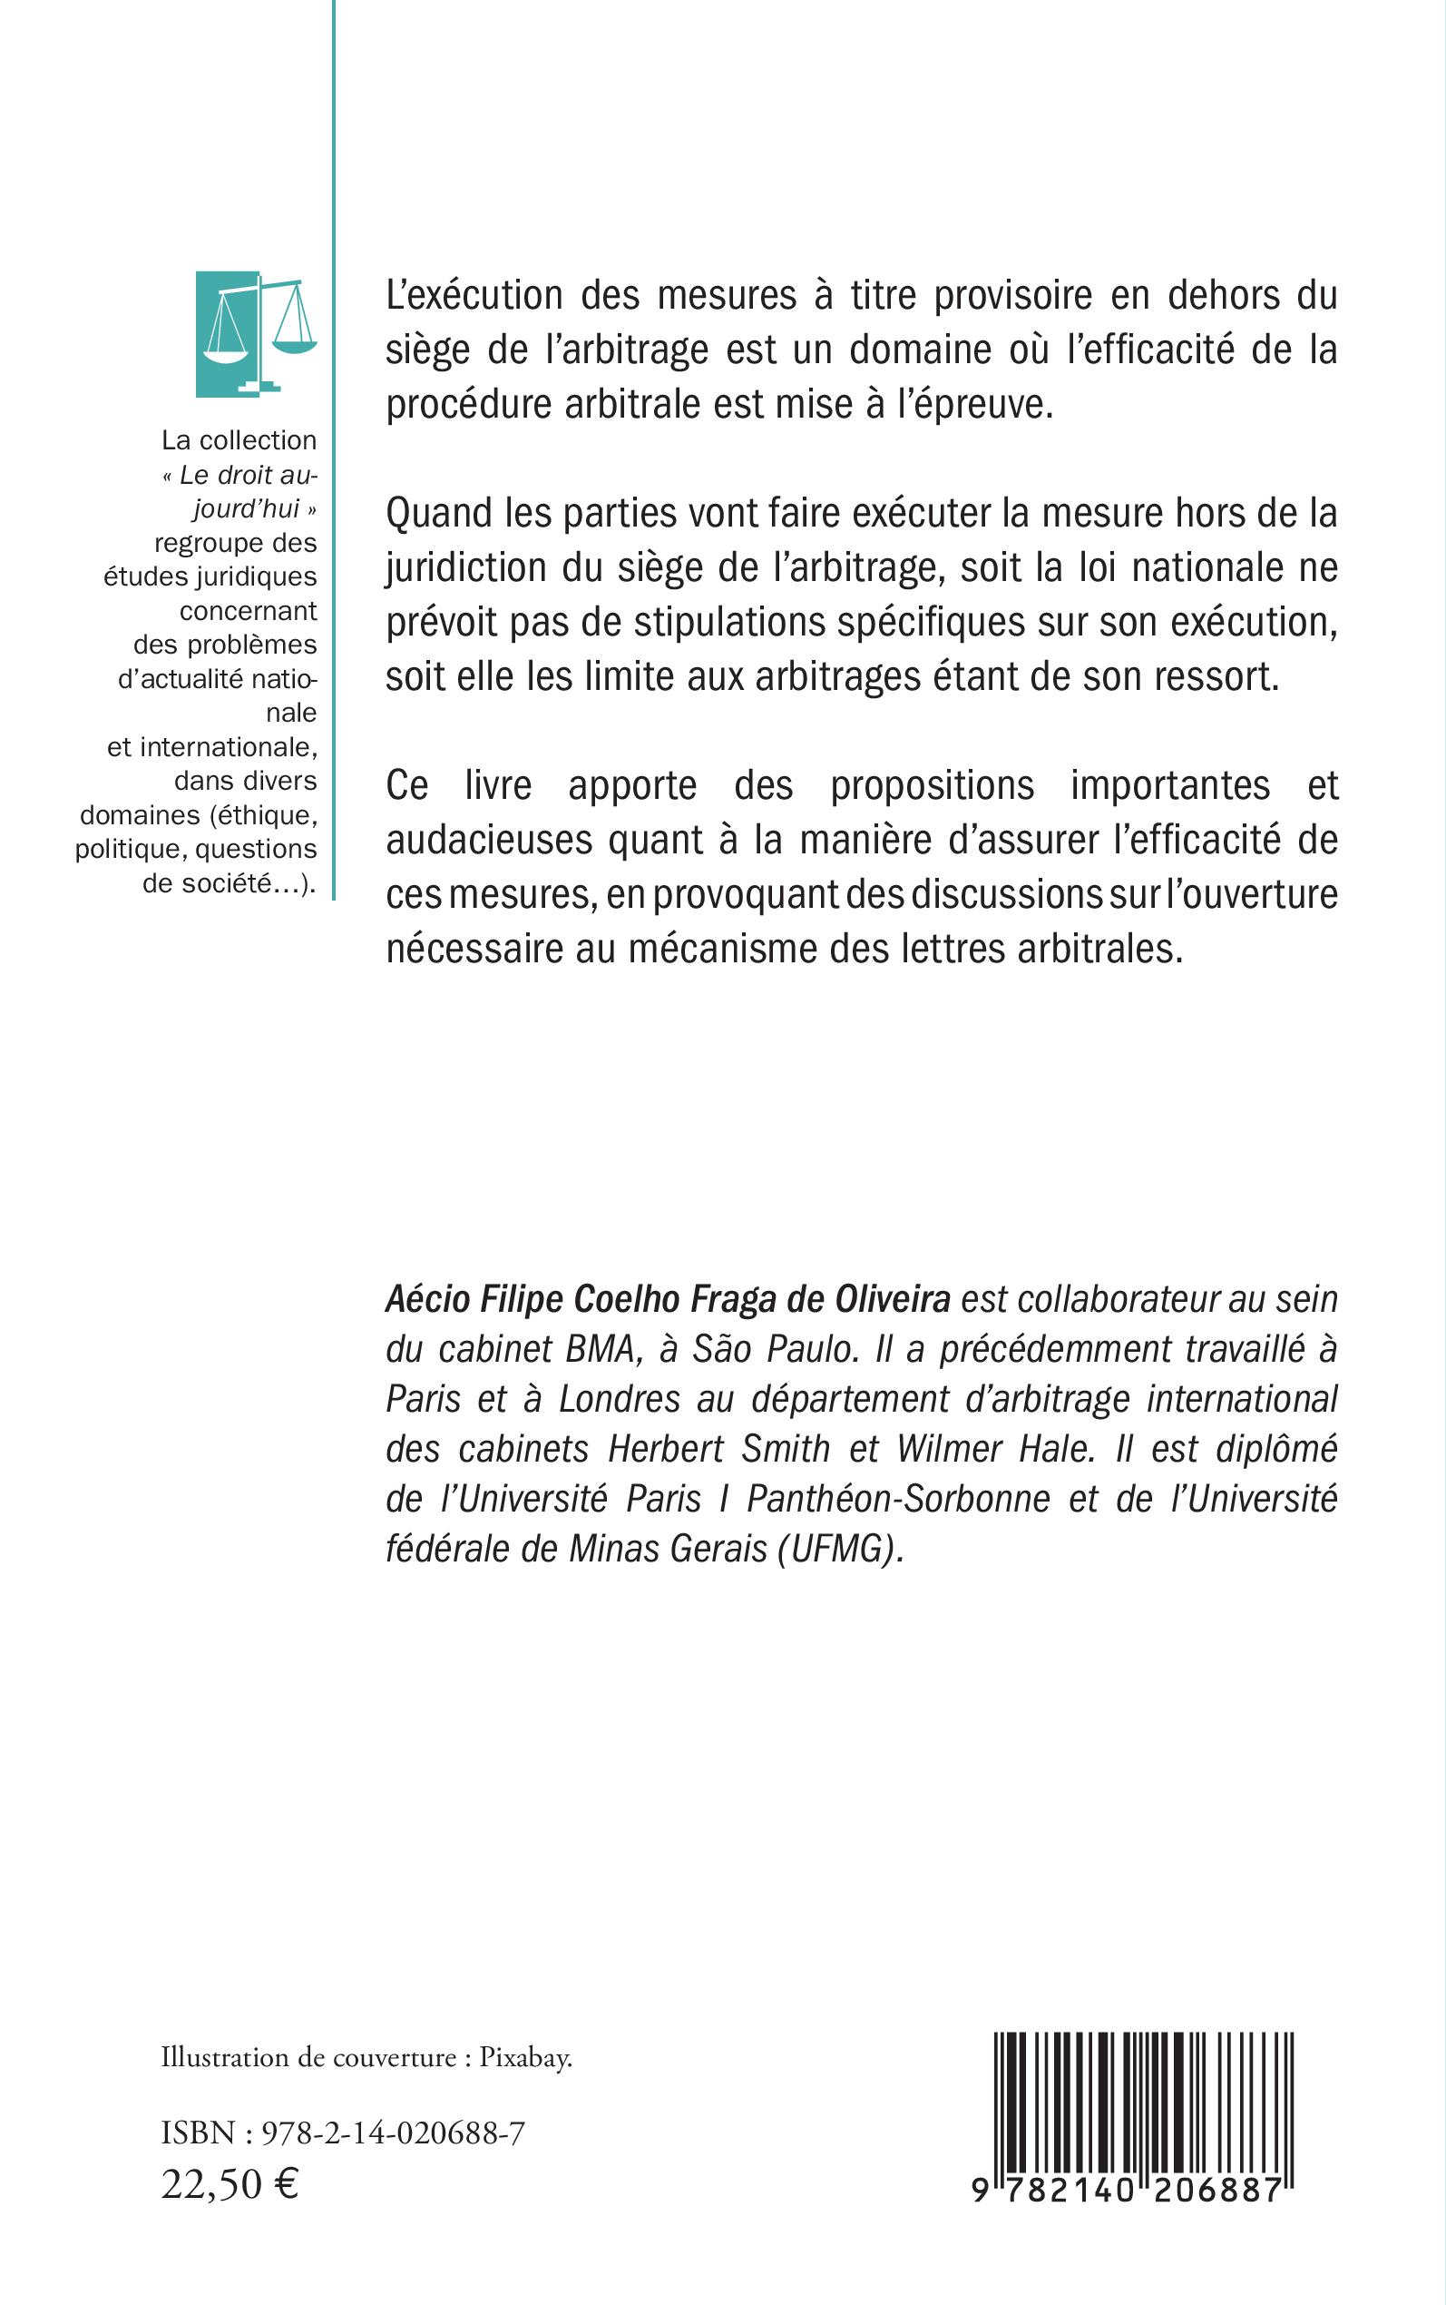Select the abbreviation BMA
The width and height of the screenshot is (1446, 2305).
click(x=601, y=1349)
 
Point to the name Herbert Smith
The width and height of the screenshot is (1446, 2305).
click(x=719, y=1449)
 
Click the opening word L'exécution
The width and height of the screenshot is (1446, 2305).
click(x=474, y=295)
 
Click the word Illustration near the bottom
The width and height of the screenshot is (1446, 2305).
click(x=225, y=2057)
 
